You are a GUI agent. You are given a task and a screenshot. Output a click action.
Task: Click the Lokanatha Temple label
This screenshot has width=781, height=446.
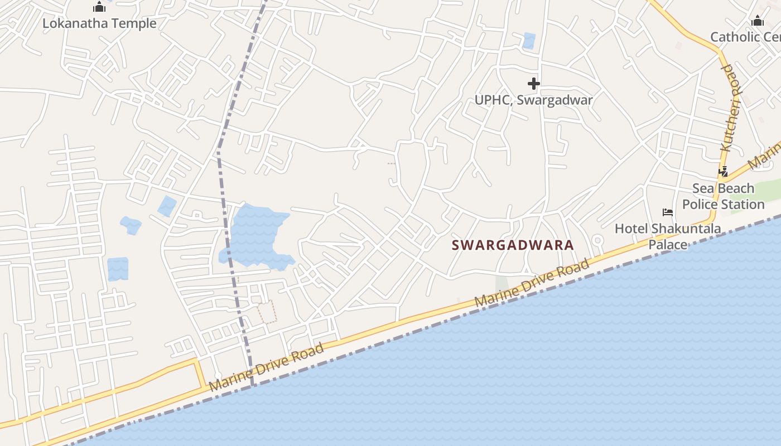tap(99, 23)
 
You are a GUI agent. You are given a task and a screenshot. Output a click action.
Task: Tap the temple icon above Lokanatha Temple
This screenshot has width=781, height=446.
tap(99, 7)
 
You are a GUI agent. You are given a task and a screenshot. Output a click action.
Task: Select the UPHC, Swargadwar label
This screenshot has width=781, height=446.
tap(533, 100)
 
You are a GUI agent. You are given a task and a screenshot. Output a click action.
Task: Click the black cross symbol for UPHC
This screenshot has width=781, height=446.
tap(534, 84)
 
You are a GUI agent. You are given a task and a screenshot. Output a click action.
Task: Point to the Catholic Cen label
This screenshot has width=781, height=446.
tap(745, 37)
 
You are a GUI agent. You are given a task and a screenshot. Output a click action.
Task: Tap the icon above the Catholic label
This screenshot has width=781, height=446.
tap(757, 21)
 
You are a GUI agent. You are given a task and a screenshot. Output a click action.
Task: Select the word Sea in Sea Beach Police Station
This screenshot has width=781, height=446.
tap(702, 188)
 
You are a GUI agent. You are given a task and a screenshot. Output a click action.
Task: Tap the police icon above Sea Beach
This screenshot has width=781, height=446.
tap(724, 172)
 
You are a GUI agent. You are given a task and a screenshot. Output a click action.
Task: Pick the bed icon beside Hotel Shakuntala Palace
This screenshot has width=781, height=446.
tap(668, 212)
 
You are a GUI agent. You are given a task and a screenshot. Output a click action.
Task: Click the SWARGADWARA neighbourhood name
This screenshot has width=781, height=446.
tap(513, 245)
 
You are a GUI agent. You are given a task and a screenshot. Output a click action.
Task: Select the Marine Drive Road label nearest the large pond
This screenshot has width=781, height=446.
tap(266, 367)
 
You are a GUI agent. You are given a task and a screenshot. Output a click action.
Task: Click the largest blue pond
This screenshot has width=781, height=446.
tap(257, 234)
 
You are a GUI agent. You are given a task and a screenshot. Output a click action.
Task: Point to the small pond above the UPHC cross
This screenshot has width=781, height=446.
tap(529, 41)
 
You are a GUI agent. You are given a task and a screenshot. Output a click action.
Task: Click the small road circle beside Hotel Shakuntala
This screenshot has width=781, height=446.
tap(597, 241)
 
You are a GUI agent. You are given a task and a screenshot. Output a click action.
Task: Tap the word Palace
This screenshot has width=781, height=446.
tap(668, 244)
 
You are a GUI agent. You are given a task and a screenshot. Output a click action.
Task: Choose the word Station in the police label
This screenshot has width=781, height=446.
tap(742, 204)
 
